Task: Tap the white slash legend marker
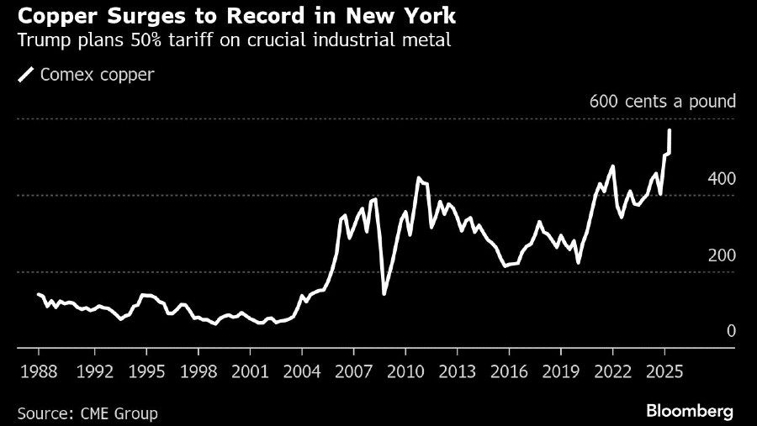click(26, 74)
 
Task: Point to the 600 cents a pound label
click(663, 102)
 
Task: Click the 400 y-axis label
click(721, 179)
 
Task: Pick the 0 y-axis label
click(731, 331)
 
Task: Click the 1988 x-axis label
click(40, 371)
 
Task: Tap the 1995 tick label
click(147, 371)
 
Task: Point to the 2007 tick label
click(353, 371)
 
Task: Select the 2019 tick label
click(560, 371)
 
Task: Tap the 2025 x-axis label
click(664, 371)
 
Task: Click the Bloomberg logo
click(690, 411)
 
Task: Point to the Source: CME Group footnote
click(87, 413)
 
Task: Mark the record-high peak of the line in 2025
click(670, 130)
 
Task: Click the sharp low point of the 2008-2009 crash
click(384, 293)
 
